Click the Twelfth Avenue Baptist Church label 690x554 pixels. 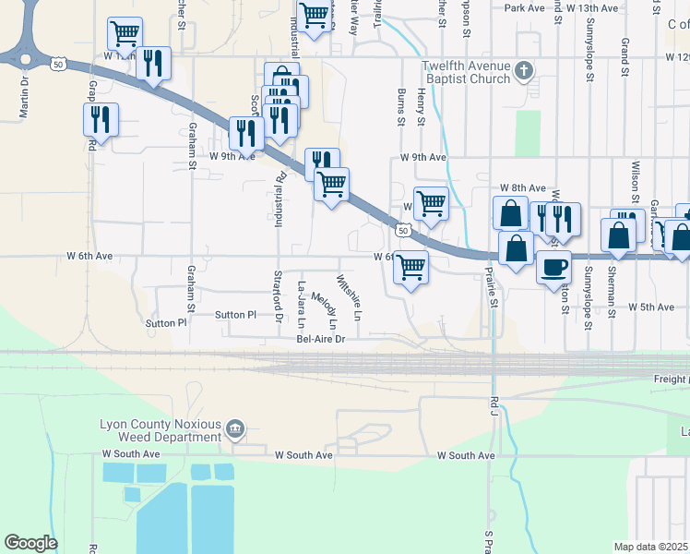pyautogui.click(x=466, y=72)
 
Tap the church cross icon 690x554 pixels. pyautogui.click(x=524, y=70)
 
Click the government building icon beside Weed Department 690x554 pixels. pyautogui.click(x=235, y=429)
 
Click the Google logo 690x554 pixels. pyautogui.click(x=30, y=543)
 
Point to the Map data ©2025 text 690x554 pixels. pyautogui.click(x=650, y=547)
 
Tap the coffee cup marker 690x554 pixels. pyautogui.click(x=553, y=268)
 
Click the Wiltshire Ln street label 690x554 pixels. pyautogui.click(x=349, y=297)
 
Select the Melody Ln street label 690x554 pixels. pyautogui.click(x=325, y=311)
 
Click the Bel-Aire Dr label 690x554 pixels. pyautogui.click(x=320, y=339)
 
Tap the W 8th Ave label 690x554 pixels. pyautogui.click(x=523, y=187)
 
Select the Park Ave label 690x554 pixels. pyautogui.click(x=525, y=7)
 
